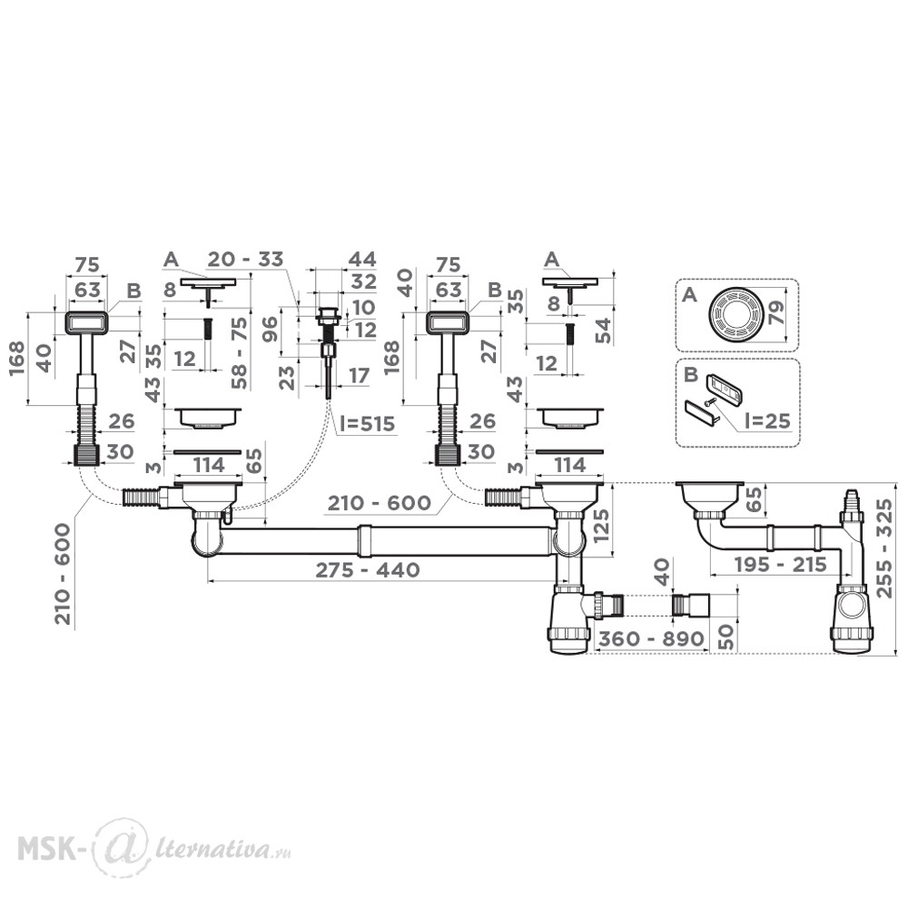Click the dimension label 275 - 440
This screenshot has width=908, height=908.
tap(367, 569)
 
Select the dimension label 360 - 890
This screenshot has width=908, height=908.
tap(651, 638)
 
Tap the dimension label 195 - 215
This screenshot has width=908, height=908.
tap(780, 564)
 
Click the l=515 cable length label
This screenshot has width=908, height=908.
tap(368, 424)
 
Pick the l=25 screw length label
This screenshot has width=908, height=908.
tap(765, 420)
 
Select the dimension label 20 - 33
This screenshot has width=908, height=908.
tap(245, 259)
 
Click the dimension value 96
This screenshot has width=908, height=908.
tap(271, 329)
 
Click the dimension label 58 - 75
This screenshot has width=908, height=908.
tap(239, 353)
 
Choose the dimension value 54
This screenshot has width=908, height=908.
tap(604, 331)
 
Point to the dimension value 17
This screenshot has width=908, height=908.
tap(359, 375)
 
